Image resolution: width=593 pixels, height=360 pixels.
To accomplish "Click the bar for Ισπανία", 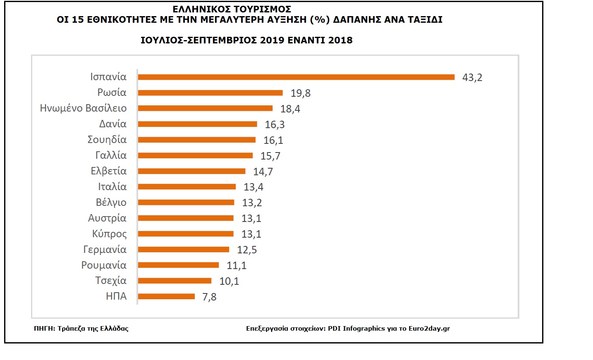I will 296,77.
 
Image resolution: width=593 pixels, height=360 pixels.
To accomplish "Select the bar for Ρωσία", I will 210,93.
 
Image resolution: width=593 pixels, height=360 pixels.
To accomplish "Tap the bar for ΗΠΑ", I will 166,296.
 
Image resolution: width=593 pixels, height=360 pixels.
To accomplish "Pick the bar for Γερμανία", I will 184,249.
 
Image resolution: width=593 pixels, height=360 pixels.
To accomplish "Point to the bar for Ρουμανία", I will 178,265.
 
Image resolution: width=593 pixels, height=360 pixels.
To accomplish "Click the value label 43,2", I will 472,78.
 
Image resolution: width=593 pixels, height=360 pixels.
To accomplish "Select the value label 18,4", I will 290,109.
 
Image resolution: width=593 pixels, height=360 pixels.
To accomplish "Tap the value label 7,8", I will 209,297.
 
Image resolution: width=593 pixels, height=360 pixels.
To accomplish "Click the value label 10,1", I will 229,281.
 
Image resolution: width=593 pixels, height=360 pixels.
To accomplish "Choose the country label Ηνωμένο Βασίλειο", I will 83,108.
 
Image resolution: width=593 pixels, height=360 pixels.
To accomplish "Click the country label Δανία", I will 112,124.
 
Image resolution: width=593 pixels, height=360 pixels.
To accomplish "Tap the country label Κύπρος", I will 109,234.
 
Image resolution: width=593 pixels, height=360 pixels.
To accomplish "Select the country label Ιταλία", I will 112,187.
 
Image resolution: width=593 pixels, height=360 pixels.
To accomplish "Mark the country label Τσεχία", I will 111,281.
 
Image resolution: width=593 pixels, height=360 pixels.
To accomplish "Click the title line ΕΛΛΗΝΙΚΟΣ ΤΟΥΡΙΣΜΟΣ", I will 232,9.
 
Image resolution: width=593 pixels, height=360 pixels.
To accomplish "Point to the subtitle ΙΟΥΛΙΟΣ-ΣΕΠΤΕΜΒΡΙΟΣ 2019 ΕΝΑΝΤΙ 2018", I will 246,41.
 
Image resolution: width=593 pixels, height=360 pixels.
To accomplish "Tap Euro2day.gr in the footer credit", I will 429,329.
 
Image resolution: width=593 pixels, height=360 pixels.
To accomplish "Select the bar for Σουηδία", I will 197,140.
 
